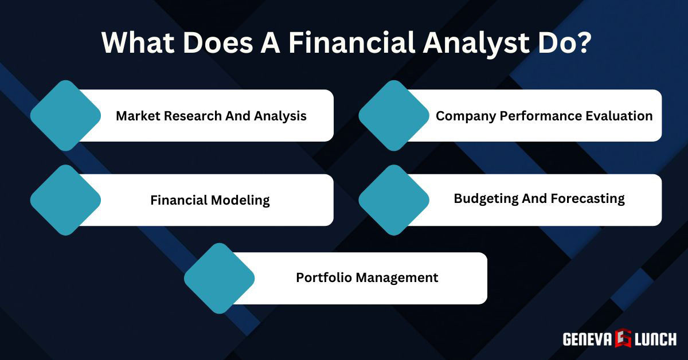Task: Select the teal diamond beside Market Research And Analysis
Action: point(65,115)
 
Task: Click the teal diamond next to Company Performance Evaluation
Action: point(394,115)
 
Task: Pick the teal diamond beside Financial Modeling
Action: point(65,200)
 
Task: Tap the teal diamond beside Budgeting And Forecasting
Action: point(394,200)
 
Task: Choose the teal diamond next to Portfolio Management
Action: point(219,278)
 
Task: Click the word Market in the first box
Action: point(138,116)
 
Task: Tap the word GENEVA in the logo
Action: point(588,339)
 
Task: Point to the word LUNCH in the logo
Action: point(655,339)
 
